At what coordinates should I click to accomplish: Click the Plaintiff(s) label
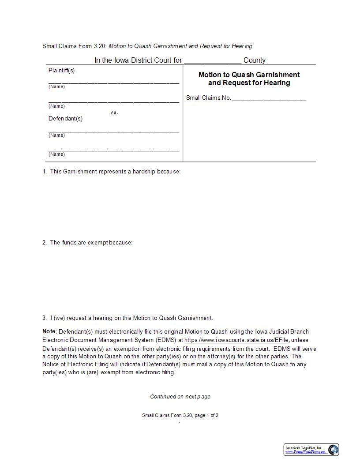point(61,71)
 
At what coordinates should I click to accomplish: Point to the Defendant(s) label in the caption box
point(65,118)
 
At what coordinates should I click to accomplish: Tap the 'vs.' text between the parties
point(114,112)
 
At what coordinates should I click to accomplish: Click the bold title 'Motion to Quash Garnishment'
point(249,75)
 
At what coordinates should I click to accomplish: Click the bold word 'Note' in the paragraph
point(49,331)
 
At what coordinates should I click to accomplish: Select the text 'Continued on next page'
point(180,396)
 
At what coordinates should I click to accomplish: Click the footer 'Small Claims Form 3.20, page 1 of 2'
point(180,415)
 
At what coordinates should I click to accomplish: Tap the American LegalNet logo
point(311,450)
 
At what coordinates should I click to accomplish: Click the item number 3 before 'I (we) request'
point(45,318)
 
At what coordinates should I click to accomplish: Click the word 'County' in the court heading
point(255,60)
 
